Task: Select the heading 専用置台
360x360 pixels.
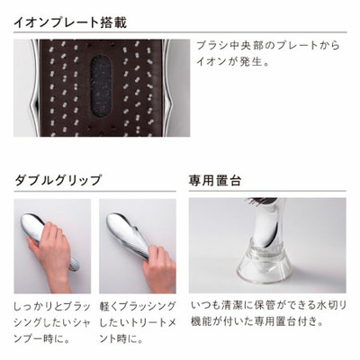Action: pyautogui.click(x=216, y=179)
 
